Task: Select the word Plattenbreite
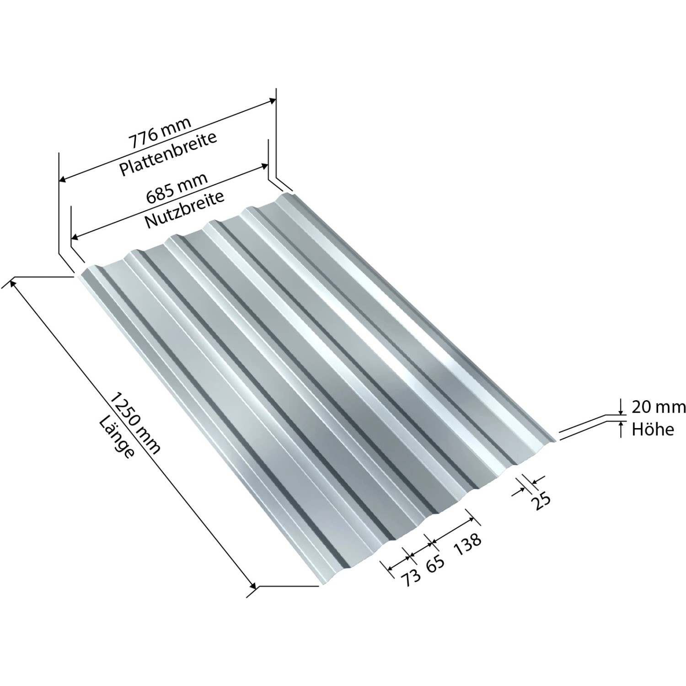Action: [x=168, y=154]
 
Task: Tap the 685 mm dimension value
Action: [x=177, y=188]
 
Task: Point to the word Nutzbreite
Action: [x=184, y=209]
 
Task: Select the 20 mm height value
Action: [x=658, y=406]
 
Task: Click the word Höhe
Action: [x=653, y=429]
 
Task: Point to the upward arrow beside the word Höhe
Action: [x=621, y=426]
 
